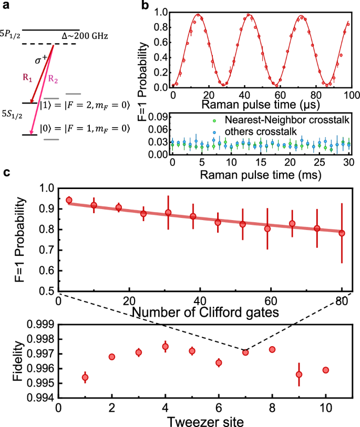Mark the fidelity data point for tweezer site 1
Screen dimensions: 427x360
85,378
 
